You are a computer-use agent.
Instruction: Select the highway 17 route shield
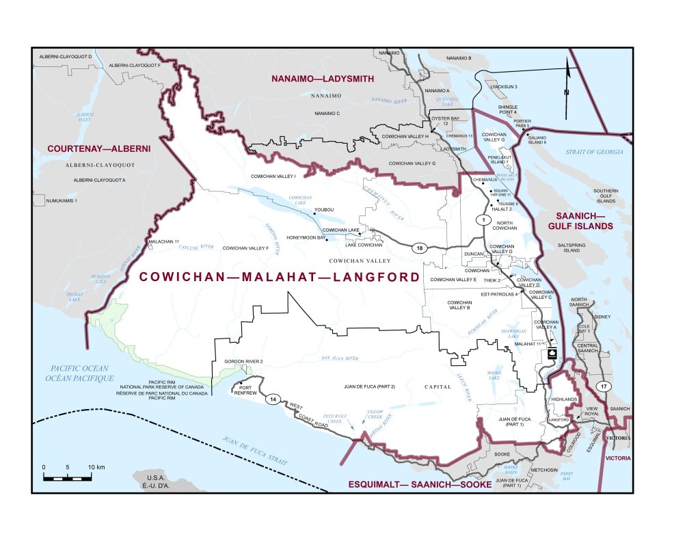click(601, 387)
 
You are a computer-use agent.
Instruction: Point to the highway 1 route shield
click(483, 220)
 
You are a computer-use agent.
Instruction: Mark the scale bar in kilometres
click(68, 476)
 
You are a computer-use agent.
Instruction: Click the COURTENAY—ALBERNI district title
click(98, 148)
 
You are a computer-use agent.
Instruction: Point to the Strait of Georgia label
click(590, 152)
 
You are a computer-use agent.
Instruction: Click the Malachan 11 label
click(164, 242)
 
